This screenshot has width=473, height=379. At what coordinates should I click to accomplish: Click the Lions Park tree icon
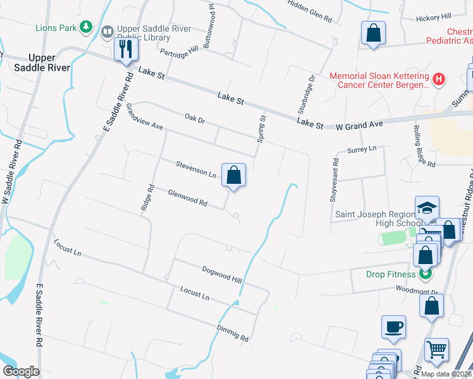pos(85,27)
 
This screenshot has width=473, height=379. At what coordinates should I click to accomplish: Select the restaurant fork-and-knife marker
pos(126,49)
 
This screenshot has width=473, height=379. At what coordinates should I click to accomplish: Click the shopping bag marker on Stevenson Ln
pos(233,174)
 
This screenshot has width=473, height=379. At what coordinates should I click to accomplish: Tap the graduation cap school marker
pos(427,207)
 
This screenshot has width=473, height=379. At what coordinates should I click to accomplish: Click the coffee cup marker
pos(393,327)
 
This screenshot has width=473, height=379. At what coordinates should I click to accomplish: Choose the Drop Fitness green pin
pos(426,274)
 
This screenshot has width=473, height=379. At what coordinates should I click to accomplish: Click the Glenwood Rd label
pos(188,198)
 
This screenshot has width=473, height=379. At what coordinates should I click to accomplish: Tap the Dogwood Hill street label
pos(222,274)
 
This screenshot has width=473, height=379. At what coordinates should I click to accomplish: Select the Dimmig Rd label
pos(233,334)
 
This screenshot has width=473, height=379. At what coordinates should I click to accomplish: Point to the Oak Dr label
pos(195,119)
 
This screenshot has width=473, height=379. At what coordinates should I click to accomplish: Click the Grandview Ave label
pos(144,117)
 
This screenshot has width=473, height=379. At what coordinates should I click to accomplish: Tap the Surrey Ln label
pos(362,149)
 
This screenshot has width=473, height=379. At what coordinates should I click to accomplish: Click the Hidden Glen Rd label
pos(310,11)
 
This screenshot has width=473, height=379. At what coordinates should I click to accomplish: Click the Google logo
pos(21,371)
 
